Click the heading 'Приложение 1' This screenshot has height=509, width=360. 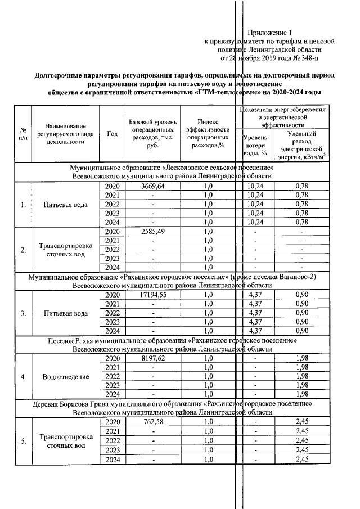point(271,33)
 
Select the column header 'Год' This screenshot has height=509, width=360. point(112,133)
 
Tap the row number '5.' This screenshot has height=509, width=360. point(23,440)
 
